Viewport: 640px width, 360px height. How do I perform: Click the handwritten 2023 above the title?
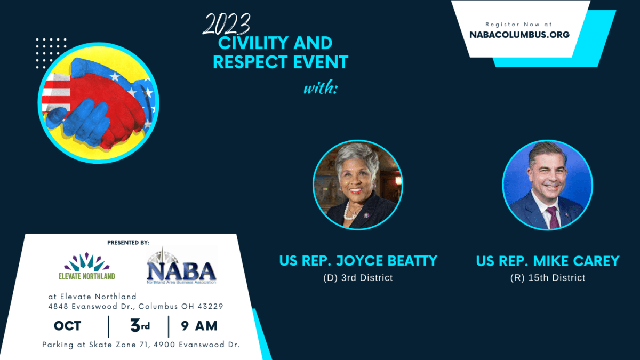tap(226, 25)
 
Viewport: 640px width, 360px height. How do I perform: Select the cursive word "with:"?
tap(321, 87)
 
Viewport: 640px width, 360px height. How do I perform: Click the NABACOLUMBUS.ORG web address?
tap(519, 35)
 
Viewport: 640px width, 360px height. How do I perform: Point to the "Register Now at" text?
tap(518, 25)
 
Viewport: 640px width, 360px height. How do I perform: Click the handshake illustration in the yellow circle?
tap(99, 103)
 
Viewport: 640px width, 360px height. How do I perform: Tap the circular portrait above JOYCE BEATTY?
tap(358, 185)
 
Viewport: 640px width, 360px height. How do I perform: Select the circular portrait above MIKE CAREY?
tap(547, 185)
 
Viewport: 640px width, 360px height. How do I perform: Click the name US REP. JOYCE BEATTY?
tap(358, 261)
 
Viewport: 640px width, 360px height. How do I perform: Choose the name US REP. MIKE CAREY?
tap(548, 261)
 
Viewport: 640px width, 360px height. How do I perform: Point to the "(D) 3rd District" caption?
tap(358, 278)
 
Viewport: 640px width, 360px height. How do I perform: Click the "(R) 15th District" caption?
tap(548, 278)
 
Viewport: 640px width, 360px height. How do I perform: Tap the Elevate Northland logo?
tap(87, 266)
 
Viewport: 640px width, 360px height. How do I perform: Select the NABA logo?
tap(181, 266)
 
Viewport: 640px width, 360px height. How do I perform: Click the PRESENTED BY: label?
tap(129, 243)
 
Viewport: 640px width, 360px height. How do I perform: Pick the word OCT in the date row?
tap(67, 326)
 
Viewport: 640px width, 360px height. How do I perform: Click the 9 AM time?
tap(199, 326)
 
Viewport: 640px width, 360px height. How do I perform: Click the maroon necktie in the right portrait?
tap(553, 217)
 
